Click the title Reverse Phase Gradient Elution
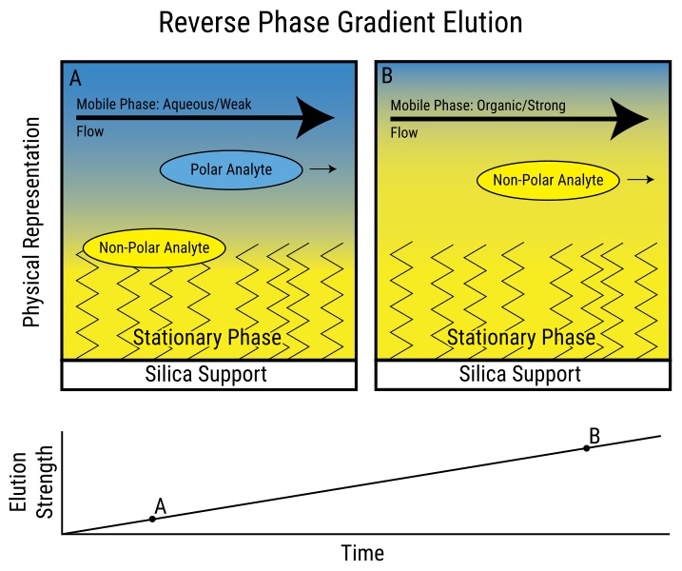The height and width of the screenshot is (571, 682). (x=341, y=23)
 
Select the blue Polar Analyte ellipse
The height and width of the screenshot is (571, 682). (x=230, y=169)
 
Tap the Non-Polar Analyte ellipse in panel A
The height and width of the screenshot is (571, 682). (x=153, y=247)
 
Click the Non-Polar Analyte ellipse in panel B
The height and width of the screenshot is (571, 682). (x=555, y=179)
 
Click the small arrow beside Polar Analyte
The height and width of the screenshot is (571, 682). (x=323, y=169)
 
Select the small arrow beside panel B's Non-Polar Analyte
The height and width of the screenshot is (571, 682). (x=641, y=179)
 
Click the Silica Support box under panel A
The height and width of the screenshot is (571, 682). (x=209, y=374)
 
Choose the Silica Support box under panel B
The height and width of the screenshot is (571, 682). (x=520, y=374)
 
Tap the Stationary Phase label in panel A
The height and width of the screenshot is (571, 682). (x=206, y=338)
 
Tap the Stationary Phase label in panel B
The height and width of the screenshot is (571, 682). (x=520, y=338)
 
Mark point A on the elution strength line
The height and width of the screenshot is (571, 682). (x=152, y=519)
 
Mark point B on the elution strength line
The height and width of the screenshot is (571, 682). (x=587, y=447)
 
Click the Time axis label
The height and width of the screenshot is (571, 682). (x=362, y=553)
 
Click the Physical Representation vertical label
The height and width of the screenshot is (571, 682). (x=31, y=223)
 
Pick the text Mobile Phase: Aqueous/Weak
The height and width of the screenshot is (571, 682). (x=164, y=105)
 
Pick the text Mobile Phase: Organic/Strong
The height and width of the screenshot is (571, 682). (x=478, y=106)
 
